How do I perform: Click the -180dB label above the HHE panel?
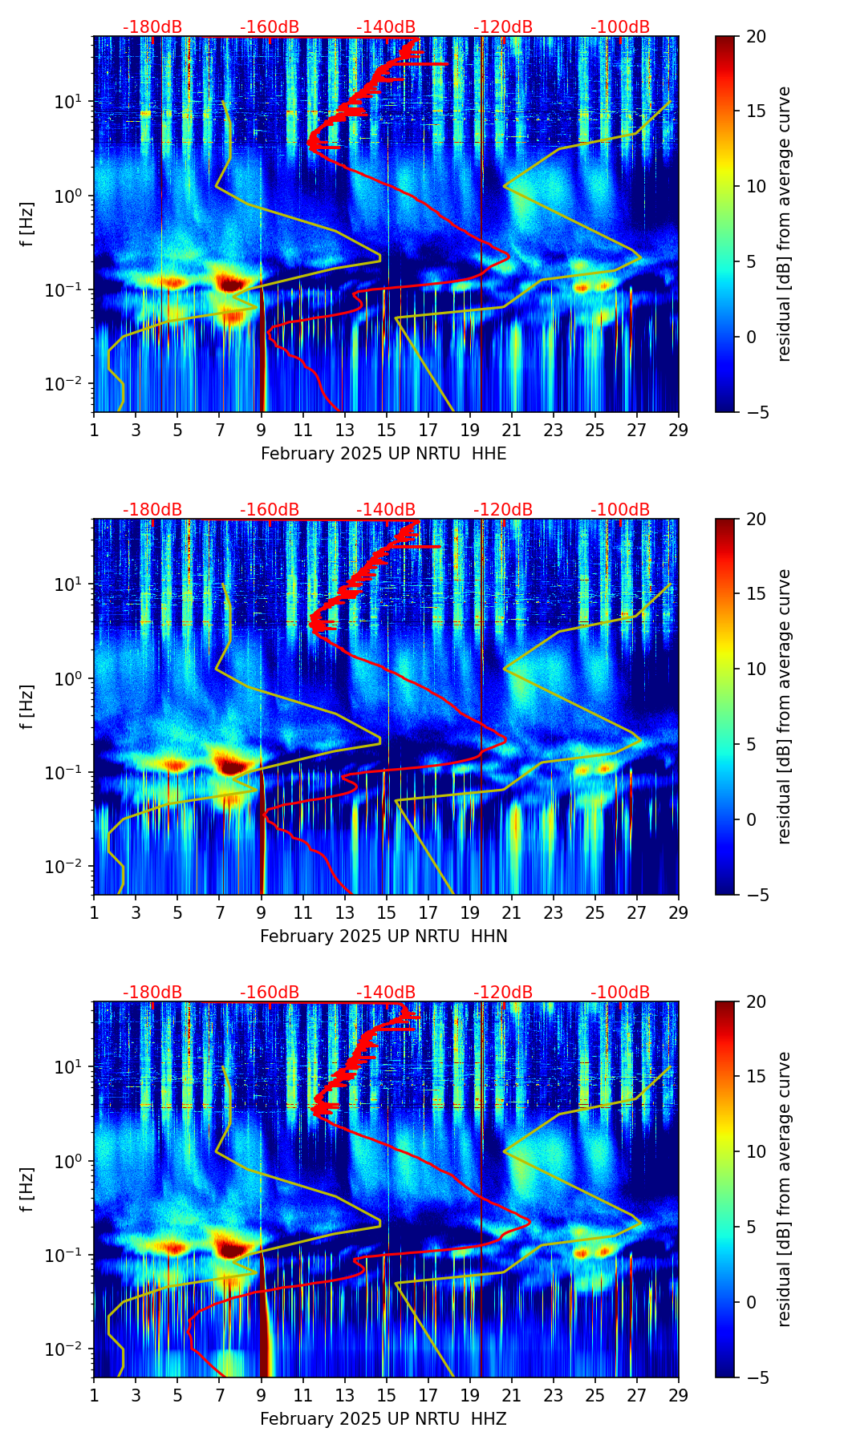pos(152,27)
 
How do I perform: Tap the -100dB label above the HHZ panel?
pos(620,993)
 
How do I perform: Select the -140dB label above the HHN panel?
pos(386,510)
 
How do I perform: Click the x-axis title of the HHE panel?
pos(383,454)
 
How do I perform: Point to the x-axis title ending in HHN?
pos(383,936)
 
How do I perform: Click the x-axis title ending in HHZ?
pos(383,1419)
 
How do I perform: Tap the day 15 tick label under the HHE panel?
pos(386,430)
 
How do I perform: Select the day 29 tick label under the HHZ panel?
pos(678,1395)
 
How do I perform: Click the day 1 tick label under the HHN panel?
pos(94,912)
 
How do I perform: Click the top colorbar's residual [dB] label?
pos(784,224)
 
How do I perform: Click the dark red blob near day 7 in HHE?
pos(231,283)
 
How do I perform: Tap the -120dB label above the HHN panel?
pos(503,510)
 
